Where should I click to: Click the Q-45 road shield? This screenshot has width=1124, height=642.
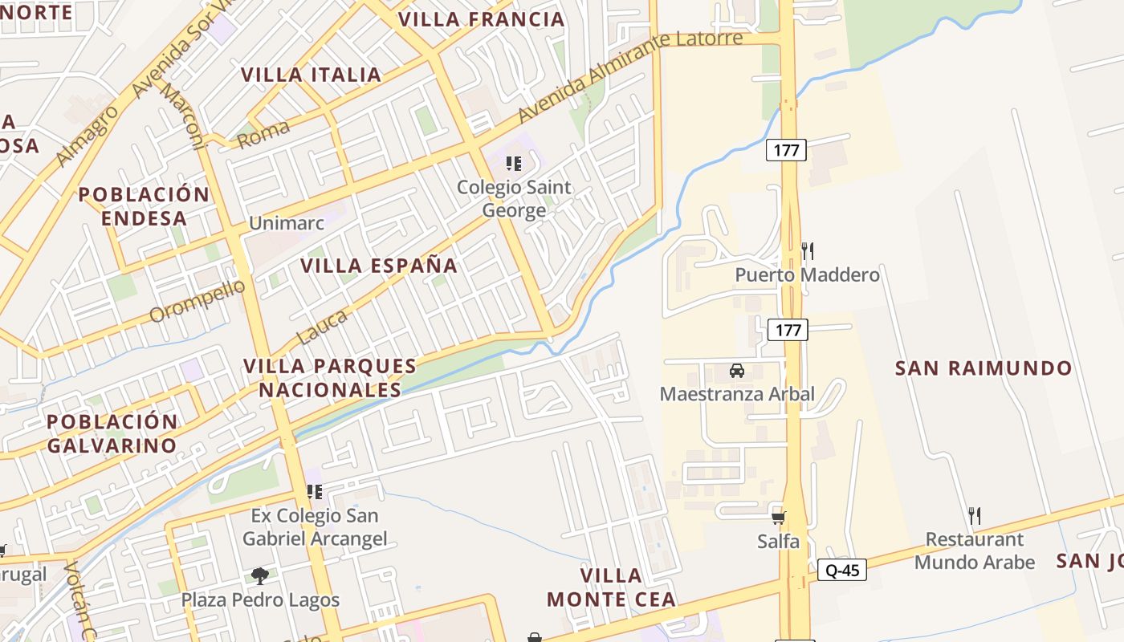[x=842, y=571]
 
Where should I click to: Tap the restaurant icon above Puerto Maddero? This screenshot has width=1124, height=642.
[x=808, y=251]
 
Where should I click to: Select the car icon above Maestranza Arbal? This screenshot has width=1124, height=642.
[x=736, y=371]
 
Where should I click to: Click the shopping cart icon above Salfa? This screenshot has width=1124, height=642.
[x=778, y=518]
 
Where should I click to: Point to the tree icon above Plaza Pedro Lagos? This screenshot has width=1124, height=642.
[x=259, y=575]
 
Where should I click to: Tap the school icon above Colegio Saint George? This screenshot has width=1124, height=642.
[x=514, y=164]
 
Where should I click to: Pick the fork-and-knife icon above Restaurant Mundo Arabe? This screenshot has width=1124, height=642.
[x=975, y=515]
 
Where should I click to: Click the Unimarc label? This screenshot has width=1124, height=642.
[x=287, y=223]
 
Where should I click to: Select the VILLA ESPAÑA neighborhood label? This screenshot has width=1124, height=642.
[x=379, y=266]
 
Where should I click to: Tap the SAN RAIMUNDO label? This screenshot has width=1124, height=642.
[x=983, y=368]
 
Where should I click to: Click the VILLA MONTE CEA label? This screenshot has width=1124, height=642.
[x=611, y=587]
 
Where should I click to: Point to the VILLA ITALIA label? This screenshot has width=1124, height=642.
[x=312, y=75]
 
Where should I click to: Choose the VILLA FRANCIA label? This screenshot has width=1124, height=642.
[x=482, y=19]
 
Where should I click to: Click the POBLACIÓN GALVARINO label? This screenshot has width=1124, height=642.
[x=112, y=433]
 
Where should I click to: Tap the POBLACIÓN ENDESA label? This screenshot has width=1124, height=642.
[x=145, y=206]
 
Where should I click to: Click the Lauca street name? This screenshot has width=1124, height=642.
[x=323, y=327]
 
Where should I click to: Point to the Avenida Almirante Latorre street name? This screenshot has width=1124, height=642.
[x=629, y=77]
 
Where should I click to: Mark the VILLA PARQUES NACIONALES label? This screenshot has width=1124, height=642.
[x=329, y=378]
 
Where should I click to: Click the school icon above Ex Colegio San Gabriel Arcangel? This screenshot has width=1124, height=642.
[x=314, y=491]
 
